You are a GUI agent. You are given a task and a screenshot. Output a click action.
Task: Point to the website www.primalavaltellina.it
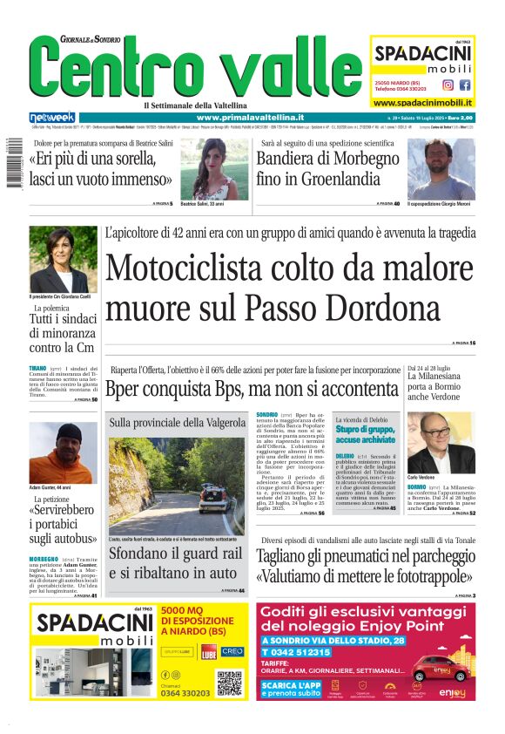point(250,117)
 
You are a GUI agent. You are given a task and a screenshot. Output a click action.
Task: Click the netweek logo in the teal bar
point(52,117)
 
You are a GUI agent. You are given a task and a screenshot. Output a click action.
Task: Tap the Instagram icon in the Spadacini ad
point(448,85)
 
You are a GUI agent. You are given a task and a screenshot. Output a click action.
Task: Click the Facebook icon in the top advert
point(465,85)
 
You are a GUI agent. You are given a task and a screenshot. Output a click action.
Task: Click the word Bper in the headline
point(124,391)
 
